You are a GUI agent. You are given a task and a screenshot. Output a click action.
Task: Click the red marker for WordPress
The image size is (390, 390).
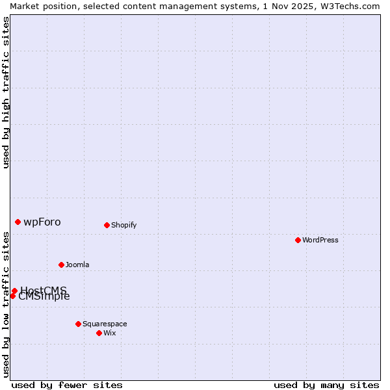coord(298,240)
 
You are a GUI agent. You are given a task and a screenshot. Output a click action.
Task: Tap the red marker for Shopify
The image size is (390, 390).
coord(107,225)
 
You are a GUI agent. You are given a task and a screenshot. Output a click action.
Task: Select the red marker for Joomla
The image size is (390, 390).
coord(61,265)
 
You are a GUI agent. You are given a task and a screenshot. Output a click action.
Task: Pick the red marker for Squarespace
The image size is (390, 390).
coord(78,324)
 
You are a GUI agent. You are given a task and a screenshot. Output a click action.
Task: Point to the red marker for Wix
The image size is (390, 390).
coord(99,333)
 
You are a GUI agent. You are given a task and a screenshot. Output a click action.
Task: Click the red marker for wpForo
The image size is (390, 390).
coord(18,222)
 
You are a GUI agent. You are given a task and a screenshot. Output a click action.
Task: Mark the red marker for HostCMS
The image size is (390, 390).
coord(14,291)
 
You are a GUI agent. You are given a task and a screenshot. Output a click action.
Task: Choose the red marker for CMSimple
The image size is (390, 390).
coord(12,296)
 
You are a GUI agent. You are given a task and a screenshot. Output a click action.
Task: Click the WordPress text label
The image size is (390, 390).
coord(320,240)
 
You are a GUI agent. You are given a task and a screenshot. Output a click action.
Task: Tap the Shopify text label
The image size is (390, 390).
coord(123,225)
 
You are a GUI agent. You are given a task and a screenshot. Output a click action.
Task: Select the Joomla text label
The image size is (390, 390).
coord(77,265)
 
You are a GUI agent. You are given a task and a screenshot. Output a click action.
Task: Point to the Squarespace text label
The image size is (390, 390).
coord(105,324)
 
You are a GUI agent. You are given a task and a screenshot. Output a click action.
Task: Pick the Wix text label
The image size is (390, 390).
coord(109,333)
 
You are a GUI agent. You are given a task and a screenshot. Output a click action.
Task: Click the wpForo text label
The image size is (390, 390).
coord(42,222)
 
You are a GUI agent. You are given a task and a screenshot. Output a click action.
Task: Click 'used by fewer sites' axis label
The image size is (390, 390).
coord(67,385)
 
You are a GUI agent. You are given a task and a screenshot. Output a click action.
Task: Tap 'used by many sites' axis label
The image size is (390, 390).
coord(326,385)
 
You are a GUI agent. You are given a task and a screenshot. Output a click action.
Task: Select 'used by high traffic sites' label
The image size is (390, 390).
coord(6,92)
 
